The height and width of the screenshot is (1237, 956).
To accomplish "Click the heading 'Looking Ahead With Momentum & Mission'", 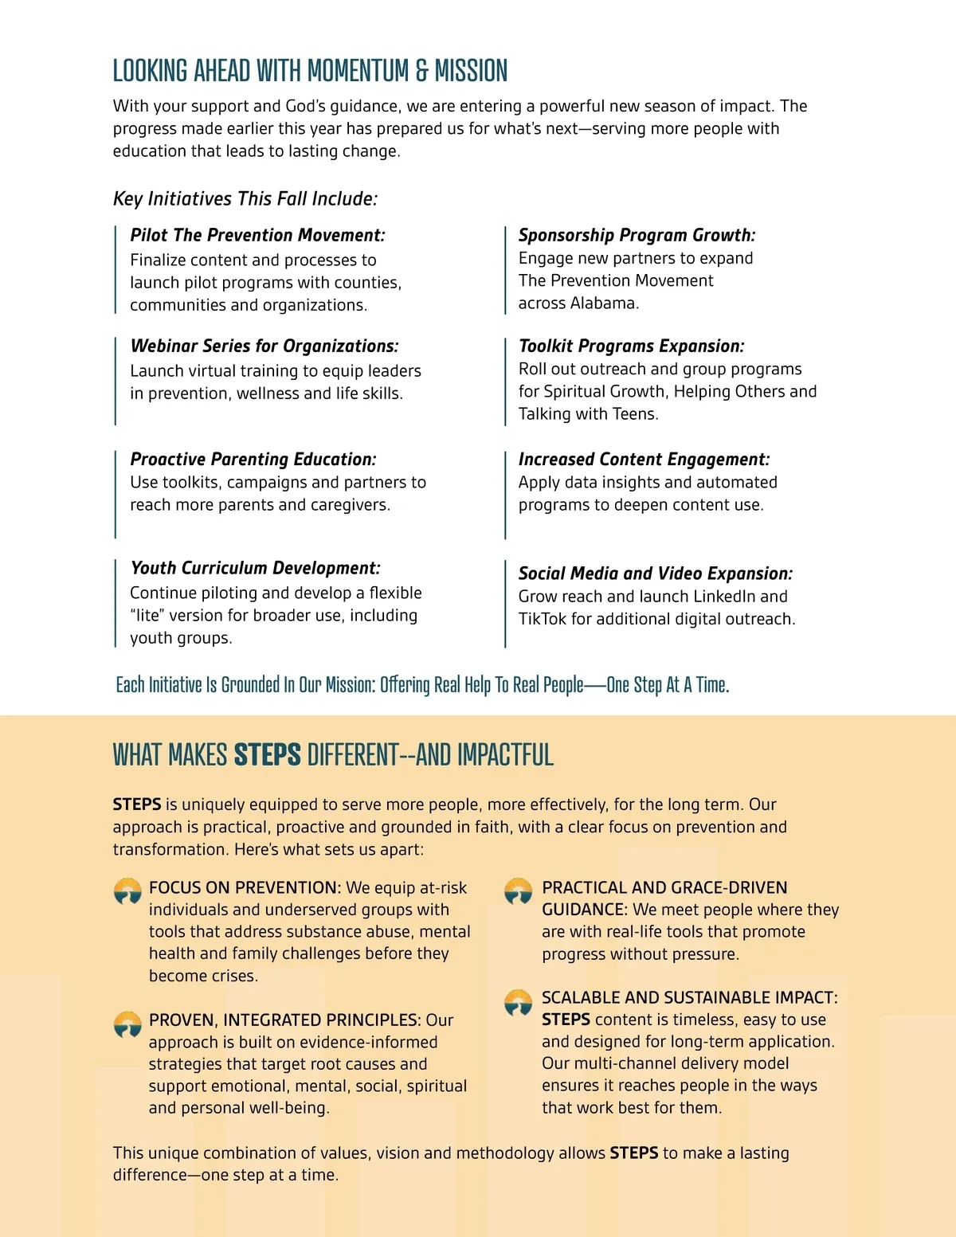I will [310, 71].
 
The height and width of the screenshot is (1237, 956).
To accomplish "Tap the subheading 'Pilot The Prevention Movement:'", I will [257, 235].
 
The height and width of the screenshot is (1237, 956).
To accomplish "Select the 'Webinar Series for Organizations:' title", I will [264, 346].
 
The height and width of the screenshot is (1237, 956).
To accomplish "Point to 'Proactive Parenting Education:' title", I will [253, 459].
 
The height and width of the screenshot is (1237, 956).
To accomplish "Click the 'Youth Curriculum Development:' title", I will [255, 568].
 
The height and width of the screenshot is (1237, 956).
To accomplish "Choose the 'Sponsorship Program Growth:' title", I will [637, 235].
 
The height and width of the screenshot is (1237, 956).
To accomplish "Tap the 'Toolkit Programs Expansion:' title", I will [631, 346].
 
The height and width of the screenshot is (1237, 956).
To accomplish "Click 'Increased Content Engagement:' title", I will [644, 459].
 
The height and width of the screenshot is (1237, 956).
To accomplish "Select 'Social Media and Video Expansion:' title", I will [655, 573].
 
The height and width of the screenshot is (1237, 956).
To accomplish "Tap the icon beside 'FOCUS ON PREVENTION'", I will [127, 891].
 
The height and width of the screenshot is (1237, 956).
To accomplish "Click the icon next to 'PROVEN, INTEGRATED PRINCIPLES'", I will [127, 1024].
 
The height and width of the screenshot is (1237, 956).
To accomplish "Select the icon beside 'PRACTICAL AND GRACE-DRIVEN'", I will [519, 891].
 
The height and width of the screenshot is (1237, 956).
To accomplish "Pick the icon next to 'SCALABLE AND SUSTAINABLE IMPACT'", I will [519, 1002].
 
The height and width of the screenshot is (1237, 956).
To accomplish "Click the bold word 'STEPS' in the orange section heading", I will [267, 754].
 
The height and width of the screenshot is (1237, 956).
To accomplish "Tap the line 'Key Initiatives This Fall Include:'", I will [245, 198].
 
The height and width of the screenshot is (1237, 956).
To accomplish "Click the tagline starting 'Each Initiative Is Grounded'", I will [422, 685].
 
